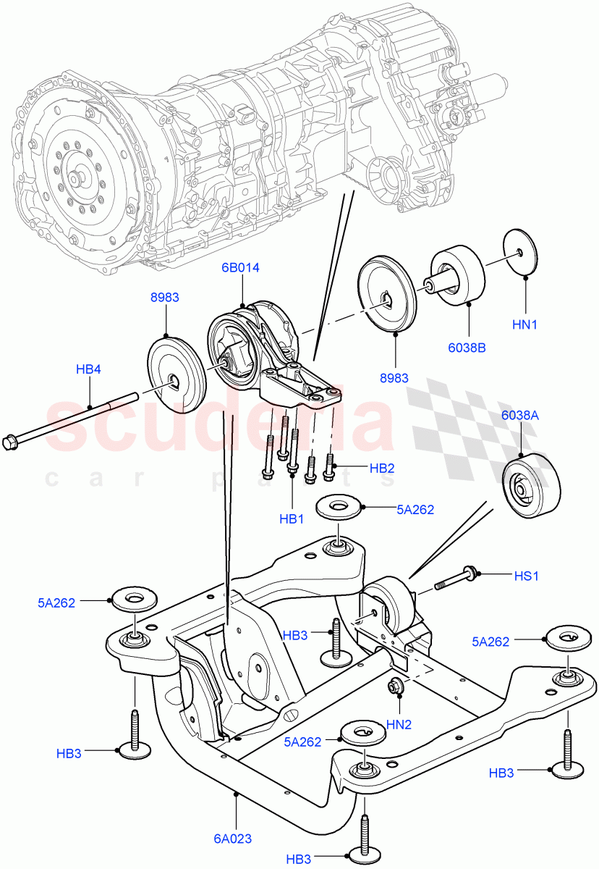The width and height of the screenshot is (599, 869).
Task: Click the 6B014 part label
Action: (x=240, y=267)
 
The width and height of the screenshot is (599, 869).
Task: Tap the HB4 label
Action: (x=88, y=369)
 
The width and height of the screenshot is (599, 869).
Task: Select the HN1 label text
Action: (x=525, y=325)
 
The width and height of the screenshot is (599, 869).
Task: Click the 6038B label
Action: (x=467, y=347)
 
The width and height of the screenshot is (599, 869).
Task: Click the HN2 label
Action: (x=399, y=724)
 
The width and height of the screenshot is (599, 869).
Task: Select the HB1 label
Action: (x=292, y=519)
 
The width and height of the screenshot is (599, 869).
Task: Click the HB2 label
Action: (x=382, y=469)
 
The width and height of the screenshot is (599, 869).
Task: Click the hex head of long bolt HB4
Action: (x=12, y=440)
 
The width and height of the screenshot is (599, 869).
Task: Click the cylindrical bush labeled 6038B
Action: (x=458, y=275)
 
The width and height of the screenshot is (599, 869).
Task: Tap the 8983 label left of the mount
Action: (x=165, y=297)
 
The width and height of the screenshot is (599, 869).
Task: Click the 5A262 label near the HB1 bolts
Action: (x=415, y=509)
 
